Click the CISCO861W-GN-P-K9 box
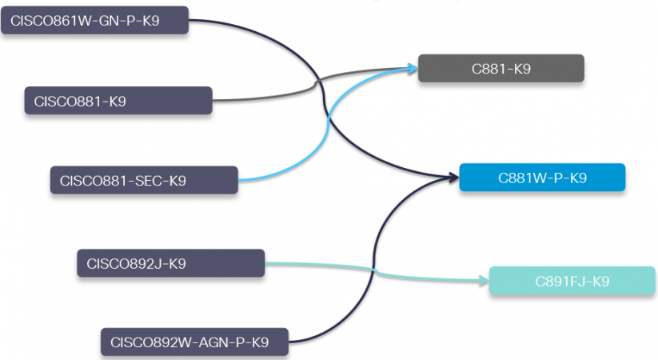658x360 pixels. [x=95, y=21]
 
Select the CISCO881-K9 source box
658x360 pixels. [x=118, y=101]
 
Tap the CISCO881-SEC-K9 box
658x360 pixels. [x=144, y=180]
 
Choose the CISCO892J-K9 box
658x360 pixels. [x=170, y=262]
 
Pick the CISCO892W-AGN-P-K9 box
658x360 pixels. [x=194, y=342]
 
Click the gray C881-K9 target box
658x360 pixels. [x=501, y=69]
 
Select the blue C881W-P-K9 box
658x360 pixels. [x=542, y=178]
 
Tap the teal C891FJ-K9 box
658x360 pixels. [x=572, y=281]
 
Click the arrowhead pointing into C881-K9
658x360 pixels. [x=412, y=69]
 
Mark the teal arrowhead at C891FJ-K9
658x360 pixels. [x=482, y=281]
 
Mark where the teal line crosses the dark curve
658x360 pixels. [x=374, y=272]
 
